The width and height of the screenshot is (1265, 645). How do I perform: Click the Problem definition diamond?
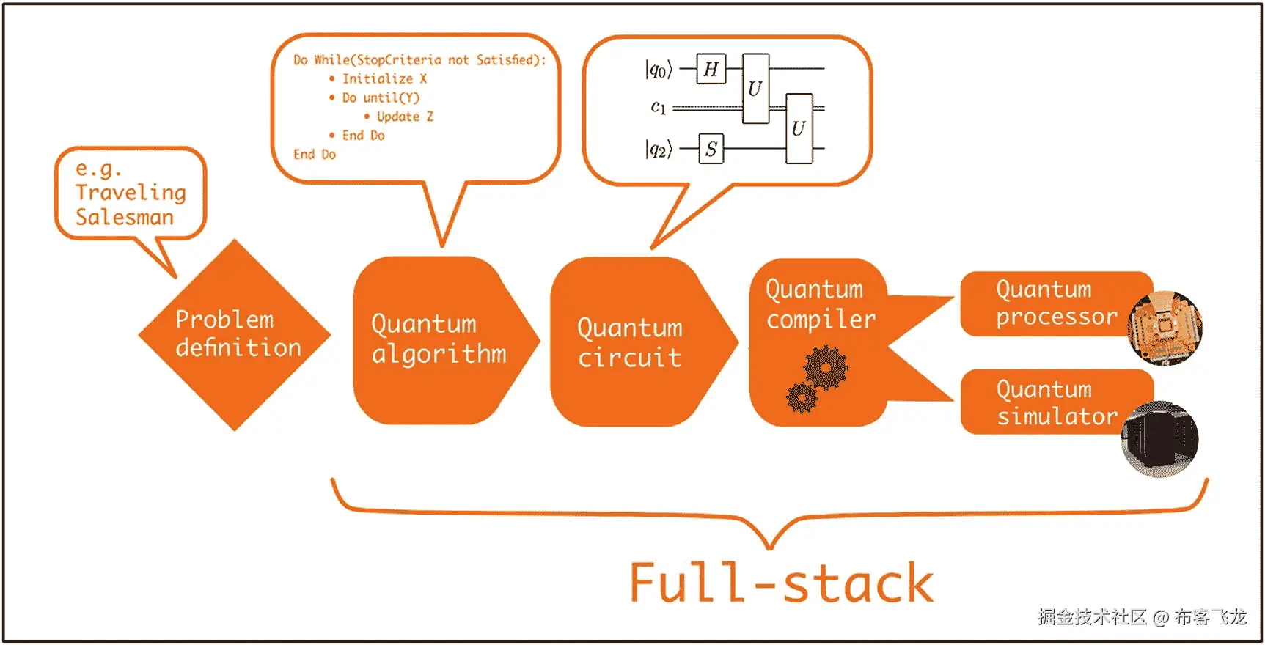click(x=235, y=335)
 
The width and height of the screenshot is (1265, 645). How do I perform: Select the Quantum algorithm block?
click(x=439, y=339)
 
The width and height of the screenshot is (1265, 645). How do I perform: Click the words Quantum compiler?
click(x=821, y=304)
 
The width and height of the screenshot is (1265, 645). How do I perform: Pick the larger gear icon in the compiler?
click(x=826, y=368)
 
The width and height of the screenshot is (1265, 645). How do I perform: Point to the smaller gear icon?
click(x=802, y=397)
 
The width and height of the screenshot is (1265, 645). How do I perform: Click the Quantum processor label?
click(x=1056, y=303)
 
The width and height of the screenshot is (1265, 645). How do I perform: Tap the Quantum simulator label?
click(x=1056, y=402)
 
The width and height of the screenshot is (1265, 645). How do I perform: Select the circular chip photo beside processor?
click(x=1165, y=328)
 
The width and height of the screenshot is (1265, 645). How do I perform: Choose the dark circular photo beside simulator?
click(x=1160, y=440)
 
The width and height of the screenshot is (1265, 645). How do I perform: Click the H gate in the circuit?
click(x=711, y=69)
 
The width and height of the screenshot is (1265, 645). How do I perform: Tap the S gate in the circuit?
click(x=711, y=149)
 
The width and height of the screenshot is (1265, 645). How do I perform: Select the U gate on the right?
click(x=799, y=128)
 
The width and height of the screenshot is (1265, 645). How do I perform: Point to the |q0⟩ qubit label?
click(x=659, y=70)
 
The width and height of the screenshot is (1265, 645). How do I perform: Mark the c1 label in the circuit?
click(x=659, y=108)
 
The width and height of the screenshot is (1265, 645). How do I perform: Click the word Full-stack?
click(x=782, y=584)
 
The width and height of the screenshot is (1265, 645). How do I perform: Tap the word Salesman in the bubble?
click(x=125, y=218)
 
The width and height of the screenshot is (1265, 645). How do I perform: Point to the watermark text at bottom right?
click(x=1142, y=617)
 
